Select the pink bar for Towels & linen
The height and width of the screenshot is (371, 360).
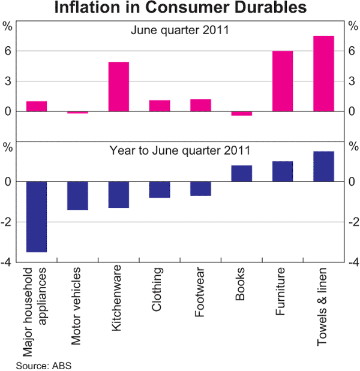323,74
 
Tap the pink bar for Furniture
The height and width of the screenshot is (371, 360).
283,81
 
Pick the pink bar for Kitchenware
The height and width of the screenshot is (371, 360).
118,86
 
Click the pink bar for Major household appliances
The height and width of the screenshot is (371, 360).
37,106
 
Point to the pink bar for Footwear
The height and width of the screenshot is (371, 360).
200,105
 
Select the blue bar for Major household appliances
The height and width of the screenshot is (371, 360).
37,216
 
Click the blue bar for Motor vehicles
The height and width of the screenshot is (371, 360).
77,195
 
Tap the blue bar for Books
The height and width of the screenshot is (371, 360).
241,173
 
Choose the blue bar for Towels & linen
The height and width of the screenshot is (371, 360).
323,166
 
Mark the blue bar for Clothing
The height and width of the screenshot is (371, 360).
160,189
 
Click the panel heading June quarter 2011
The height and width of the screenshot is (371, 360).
179,31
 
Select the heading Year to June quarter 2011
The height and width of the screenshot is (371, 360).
180,150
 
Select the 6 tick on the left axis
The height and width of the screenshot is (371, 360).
8,52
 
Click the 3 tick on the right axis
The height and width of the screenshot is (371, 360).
353,82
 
